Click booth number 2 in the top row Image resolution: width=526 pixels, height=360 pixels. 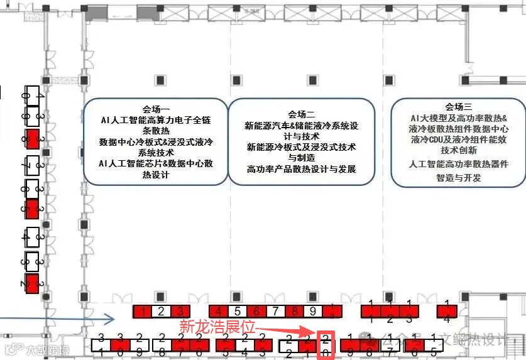click(161, 310)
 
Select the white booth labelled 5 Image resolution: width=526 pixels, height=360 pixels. click(237, 310)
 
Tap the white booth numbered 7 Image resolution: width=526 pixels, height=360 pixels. click(275, 310)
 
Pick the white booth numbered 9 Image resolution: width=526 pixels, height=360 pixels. click(312, 310)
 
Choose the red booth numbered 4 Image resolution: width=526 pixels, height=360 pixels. click(218, 310)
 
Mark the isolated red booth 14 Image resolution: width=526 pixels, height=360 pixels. click(447, 310)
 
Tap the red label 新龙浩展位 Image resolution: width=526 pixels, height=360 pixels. click(217, 327)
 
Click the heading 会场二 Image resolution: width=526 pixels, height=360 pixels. click(302, 114)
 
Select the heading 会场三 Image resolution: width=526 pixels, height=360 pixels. click(459, 107)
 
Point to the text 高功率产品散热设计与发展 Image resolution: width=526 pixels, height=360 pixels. click(302, 169)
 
